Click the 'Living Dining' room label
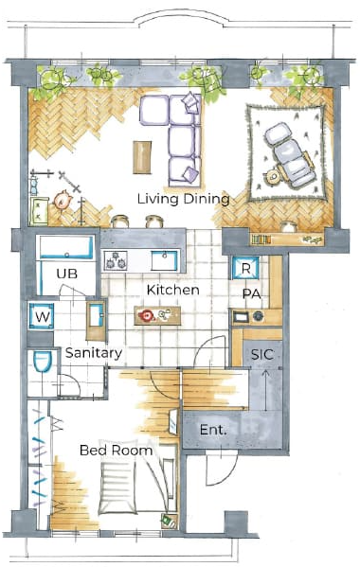click(184, 199)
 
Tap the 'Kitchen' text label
click(173, 290)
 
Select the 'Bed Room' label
click(117, 451)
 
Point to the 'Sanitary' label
click(94, 353)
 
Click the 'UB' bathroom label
click(67, 274)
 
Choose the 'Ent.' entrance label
click(213, 430)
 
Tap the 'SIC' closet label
click(262, 355)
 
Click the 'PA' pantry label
click(251, 294)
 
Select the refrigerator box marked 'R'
click(245, 268)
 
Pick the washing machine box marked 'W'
click(42, 317)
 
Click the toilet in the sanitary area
click(43, 362)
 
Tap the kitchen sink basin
click(164, 260)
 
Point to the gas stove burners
click(116, 260)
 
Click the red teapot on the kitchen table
click(147, 315)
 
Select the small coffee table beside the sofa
click(142, 157)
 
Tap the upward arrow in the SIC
click(266, 391)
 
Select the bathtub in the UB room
click(66, 248)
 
